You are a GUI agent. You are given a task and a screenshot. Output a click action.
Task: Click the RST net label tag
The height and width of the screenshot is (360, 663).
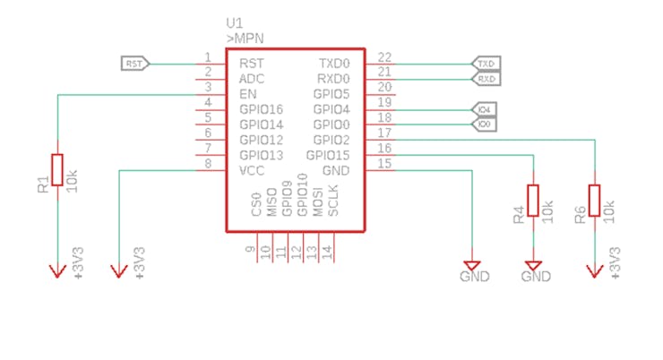[x=134, y=64]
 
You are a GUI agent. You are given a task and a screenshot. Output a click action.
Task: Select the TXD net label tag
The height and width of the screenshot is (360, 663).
[x=486, y=64]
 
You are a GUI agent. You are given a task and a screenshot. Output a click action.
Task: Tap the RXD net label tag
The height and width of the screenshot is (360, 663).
[x=486, y=79]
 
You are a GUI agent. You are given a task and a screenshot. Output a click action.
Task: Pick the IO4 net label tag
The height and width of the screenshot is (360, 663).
[x=485, y=109]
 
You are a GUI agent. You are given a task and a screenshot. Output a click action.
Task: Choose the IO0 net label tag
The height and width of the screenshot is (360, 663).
[x=485, y=124]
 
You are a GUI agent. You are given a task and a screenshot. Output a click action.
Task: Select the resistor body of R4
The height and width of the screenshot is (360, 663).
[x=534, y=200]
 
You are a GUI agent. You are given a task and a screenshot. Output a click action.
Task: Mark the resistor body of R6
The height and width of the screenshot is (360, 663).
[x=594, y=200]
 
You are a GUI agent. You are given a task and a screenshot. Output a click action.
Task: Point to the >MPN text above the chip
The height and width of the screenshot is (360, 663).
[x=245, y=39]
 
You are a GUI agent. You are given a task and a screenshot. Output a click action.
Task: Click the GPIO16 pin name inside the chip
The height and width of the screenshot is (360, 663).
[x=261, y=109]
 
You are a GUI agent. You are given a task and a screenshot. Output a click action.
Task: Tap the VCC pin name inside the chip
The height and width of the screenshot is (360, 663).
[x=251, y=170]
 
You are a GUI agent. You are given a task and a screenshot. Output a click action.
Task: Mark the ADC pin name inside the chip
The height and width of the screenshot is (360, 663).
[x=251, y=79]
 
